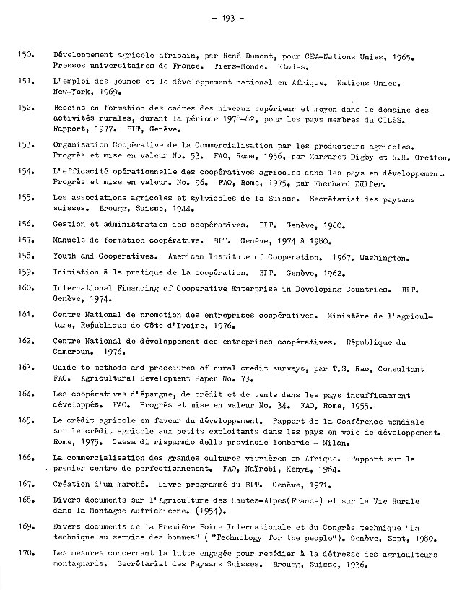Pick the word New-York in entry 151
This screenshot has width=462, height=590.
(x=71, y=92)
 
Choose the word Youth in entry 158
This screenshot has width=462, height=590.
(x=66, y=256)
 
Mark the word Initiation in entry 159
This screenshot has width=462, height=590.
(x=76, y=272)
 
